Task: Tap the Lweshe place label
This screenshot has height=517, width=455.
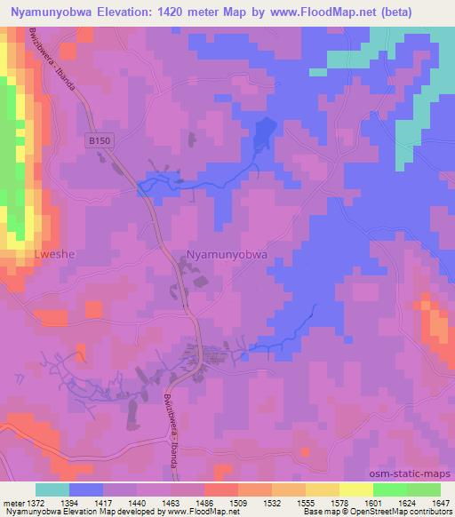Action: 29,253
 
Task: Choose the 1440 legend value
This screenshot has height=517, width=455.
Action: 137,504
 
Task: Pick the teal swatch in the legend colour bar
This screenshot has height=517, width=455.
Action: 52,489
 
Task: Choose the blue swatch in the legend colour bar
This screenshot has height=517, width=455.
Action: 86,489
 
